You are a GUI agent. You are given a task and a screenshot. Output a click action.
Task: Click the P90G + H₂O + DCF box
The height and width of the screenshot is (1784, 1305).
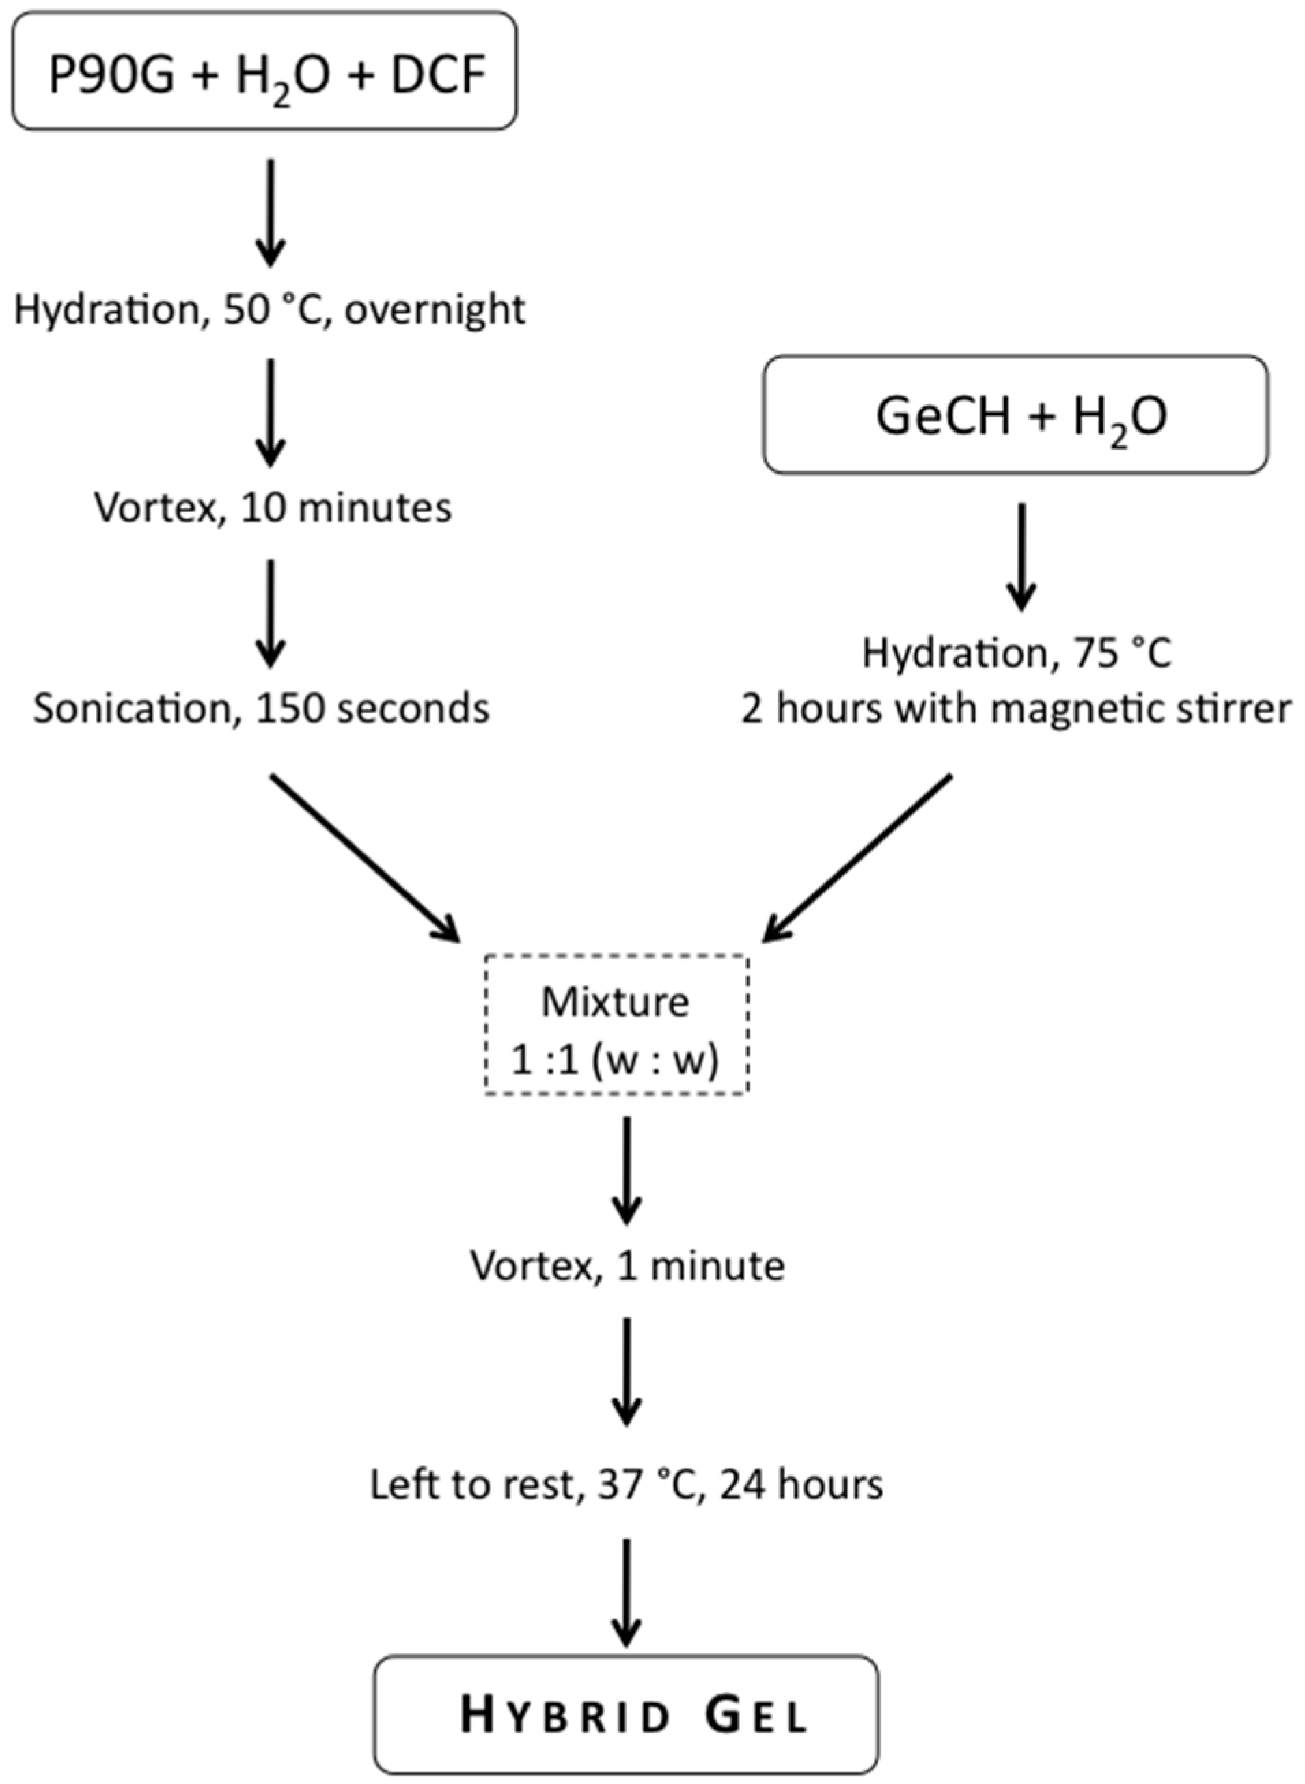click(264, 71)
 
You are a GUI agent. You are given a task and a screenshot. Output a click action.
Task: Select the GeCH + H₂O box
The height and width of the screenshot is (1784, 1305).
click(1015, 415)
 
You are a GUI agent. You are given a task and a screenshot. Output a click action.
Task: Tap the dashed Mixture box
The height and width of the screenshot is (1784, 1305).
click(616, 1026)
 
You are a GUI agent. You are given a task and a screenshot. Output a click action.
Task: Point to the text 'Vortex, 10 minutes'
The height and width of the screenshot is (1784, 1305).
click(273, 507)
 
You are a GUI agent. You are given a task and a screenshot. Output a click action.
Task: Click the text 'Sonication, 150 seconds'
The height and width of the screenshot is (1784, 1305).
click(261, 709)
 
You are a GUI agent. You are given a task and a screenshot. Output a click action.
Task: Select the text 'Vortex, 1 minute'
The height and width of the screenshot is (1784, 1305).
click(627, 1265)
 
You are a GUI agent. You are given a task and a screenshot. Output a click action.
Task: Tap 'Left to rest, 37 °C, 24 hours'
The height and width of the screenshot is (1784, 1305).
click(627, 1485)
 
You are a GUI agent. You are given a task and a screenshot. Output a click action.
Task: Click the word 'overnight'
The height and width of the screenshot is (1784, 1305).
click(435, 310)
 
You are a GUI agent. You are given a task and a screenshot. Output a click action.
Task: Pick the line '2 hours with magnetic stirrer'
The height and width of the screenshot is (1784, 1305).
click(1017, 709)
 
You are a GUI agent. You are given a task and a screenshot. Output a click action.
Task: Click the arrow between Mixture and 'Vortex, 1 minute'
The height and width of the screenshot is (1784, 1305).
click(627, 1169)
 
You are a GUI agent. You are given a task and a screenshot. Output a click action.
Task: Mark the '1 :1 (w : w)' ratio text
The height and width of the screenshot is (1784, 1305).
click(615, 1060)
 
